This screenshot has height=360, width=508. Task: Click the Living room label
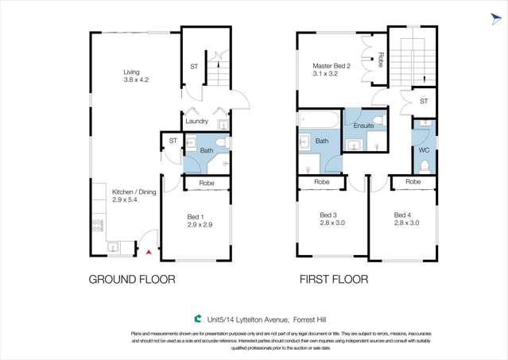tap(135, 71)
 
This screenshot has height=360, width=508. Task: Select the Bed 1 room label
tap(195, 217)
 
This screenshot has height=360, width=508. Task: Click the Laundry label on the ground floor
tap(196, 122)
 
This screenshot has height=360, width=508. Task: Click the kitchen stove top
tap(98, 224)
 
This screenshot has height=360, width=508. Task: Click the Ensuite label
tap(363, 126)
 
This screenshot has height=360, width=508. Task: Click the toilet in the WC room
tap(425, 165)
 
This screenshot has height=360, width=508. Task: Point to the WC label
tap(424, 149)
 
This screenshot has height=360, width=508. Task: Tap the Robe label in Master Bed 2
tap(381, 59)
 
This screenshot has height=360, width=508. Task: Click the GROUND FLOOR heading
tap(131, 280)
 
